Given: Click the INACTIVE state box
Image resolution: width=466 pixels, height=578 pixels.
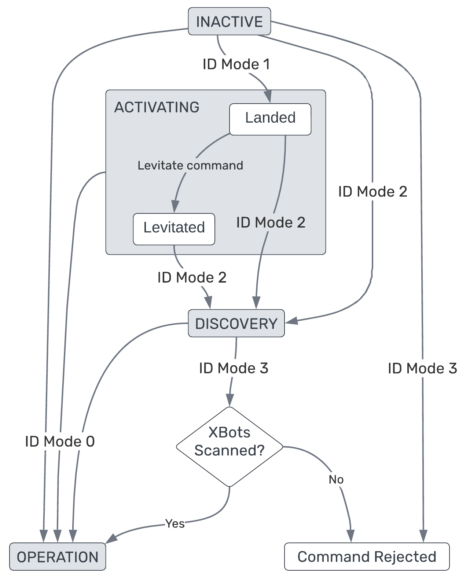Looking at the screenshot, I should coord(229,22).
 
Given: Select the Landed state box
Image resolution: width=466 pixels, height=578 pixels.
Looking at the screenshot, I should coord(270,118).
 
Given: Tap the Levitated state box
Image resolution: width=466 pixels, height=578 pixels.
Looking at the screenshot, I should coord(174,228).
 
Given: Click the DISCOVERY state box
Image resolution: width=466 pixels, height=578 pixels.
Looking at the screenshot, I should coord(236,324).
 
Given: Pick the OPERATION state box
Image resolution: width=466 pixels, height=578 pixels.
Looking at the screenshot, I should coord(58,557).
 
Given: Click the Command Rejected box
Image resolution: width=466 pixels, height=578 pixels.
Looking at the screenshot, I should coord(367,557).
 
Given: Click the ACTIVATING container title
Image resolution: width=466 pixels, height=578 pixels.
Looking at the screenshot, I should coord(157,107).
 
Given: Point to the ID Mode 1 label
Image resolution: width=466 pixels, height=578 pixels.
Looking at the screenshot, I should coord(236,64).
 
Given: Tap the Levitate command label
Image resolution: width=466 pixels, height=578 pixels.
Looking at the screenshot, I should coord(190,165).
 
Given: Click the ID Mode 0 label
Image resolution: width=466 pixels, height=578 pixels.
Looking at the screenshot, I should coord(60,441).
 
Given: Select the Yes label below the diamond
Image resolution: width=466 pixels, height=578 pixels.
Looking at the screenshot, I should coord(175,523).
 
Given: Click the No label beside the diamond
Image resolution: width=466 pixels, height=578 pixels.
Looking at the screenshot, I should coord(336,479).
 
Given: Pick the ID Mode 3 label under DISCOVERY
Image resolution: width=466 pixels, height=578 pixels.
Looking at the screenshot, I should coord(234,368).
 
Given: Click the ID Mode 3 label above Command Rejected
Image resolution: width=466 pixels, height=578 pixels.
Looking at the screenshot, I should coord(422,368).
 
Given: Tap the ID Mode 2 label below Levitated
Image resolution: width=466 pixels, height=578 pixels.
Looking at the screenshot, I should coord(192,277).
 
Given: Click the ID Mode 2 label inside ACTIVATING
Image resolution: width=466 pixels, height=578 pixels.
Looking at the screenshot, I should coord(271,223).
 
